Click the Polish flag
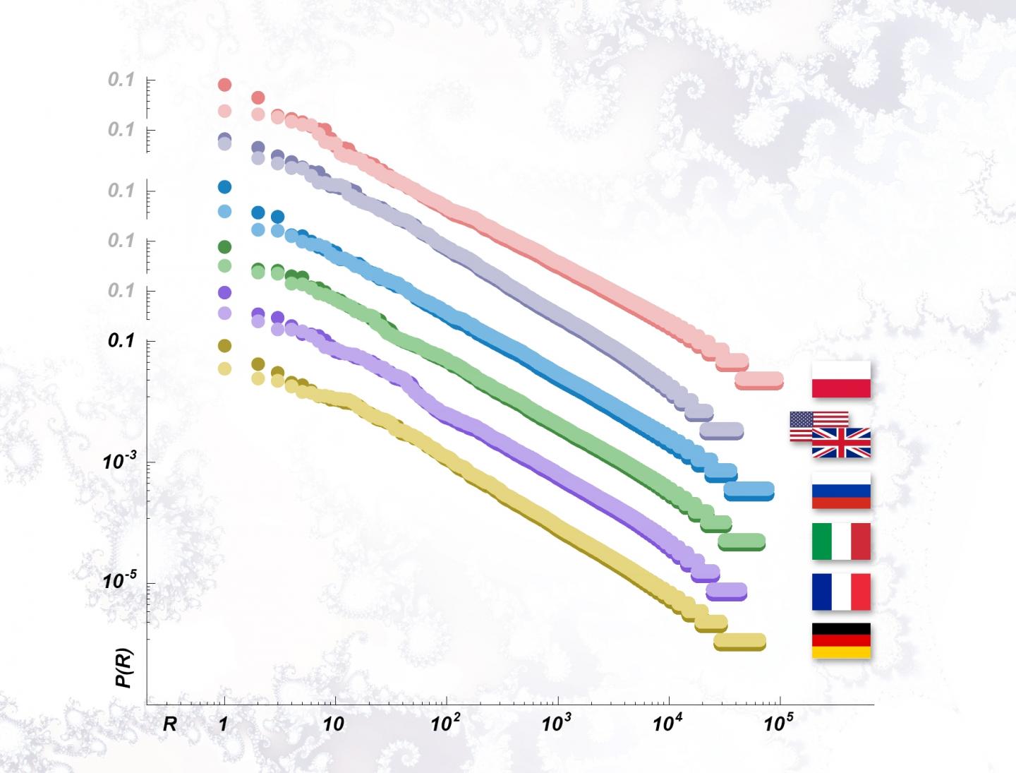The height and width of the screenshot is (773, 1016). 841,379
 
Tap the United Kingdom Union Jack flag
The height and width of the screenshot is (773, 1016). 841,443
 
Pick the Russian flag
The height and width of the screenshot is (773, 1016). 841,491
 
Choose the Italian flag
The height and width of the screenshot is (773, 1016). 841,541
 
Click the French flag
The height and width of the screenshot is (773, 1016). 841,592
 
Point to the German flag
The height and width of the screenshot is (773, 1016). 841,640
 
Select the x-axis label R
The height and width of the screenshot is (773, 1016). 170,724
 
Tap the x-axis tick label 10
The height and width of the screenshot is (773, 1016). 334,724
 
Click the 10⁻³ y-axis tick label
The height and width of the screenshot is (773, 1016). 119,462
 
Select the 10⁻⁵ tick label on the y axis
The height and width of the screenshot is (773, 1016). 119,582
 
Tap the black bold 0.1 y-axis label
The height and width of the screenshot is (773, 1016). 121,340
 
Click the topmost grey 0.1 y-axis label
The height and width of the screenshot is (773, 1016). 121,80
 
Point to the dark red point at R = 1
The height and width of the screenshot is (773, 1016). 224,85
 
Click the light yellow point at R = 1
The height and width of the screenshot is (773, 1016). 224,368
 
